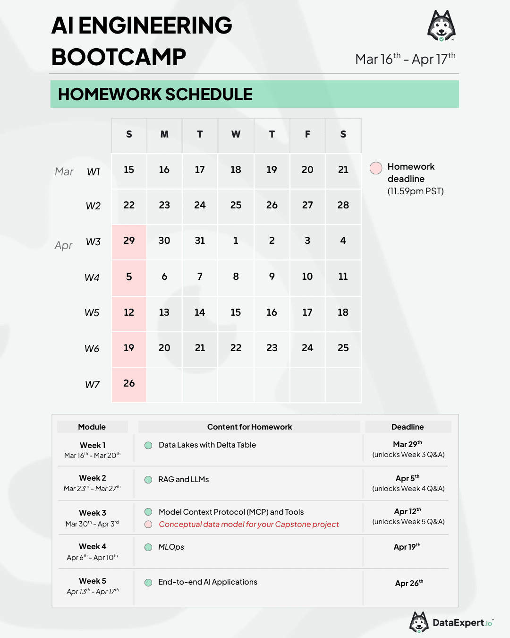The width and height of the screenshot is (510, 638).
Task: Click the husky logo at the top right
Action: click(442, 26)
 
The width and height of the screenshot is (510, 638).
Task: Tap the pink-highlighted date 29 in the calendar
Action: click(129, 241)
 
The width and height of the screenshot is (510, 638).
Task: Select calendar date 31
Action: click(200, 241)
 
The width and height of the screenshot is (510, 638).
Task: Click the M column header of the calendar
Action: click(164, 135)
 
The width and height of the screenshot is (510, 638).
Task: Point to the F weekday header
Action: click(307, 135)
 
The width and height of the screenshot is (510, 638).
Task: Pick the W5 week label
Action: click(92, 313)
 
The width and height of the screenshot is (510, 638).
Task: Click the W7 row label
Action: click(93, 385)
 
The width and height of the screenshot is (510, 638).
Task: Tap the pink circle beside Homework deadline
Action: click(376, 168)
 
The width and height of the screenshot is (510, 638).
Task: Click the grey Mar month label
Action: click(64, 172)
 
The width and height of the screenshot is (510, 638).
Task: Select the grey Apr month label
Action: click(64, 245)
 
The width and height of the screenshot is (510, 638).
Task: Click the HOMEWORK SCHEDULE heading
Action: click(155, 95)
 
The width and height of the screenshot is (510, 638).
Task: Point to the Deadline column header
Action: click(408, 427)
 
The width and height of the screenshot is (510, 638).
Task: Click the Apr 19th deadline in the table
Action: click(407, 547)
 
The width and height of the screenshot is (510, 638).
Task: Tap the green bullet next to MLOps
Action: click(148, 547)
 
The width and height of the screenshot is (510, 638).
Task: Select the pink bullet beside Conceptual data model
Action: click(148, 524)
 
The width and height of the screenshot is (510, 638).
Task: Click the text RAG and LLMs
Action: click(184, 479)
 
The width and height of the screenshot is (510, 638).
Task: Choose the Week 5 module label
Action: click(93, 581)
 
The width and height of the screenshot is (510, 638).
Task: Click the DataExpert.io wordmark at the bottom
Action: click(462, 623)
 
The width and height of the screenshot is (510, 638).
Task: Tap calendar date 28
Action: click(343, 205)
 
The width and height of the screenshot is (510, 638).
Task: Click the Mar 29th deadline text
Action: click(408, 444)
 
